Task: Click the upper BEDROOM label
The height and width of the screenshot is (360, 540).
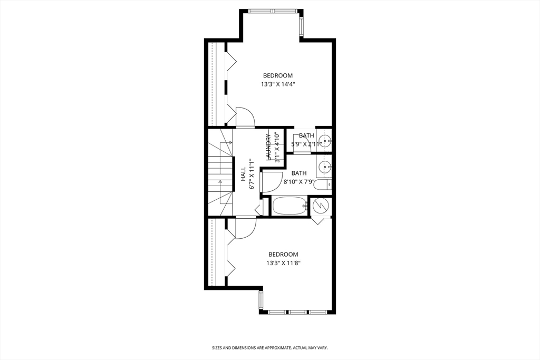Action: coord(277,75)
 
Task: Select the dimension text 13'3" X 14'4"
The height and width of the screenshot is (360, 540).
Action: coord(277,84)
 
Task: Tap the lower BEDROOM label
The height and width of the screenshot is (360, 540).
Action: coord(283,254)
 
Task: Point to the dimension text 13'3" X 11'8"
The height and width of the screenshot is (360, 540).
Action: coord(283,263)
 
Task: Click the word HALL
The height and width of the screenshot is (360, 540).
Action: coord(243,176)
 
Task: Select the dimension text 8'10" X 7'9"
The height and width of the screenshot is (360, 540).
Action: coord(299,182)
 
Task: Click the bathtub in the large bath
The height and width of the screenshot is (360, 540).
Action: coord(290,206)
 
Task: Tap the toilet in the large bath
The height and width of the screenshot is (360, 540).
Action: coord(323,184)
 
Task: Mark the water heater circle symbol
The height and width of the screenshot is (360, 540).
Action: coord(321,205)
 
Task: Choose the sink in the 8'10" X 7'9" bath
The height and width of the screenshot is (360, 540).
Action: coord(325,167)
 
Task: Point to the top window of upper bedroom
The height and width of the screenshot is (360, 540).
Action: coord(273,11)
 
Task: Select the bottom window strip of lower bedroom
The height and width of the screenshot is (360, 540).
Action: coord(297,312)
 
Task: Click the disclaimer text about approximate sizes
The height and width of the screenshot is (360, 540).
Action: coord(270,348)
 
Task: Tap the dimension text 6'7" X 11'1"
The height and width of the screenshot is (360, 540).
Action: coord(252,176)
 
